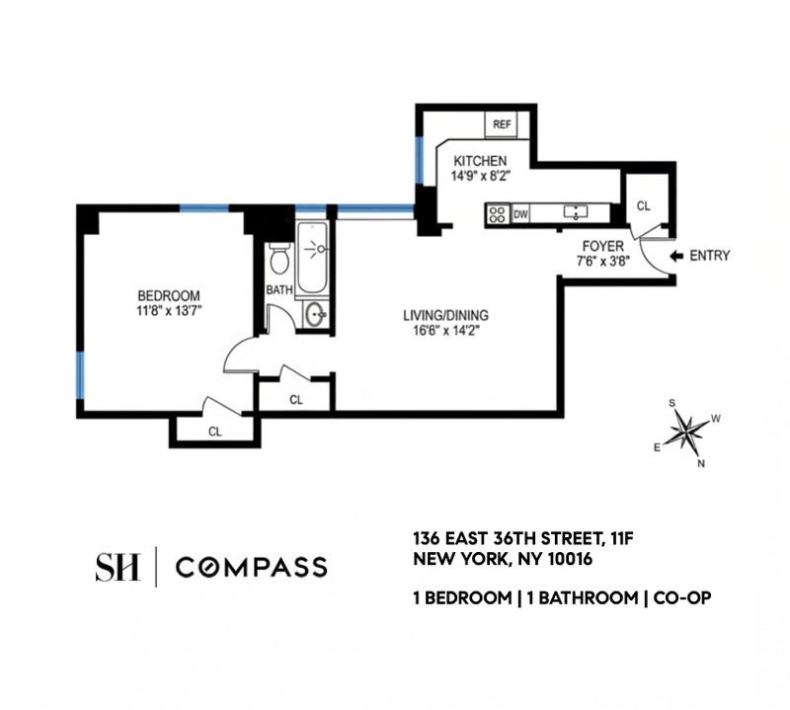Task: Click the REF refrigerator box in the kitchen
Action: [x=502, y=124]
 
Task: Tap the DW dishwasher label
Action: [x=520, y=214]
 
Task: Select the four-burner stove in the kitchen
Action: [x=498, y=214]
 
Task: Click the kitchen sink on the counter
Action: [x=576, y=212]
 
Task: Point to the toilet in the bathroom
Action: [x=279, y=259]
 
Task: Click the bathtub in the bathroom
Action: [x=312, y=258]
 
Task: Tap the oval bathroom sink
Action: [x=316, y=314]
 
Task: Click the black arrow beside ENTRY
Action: [x=675, y=256]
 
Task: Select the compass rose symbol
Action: [x=686, y=431]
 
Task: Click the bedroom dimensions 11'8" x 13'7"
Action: [x=169, y=310]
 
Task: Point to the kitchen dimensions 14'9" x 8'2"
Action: [x=481, y=176]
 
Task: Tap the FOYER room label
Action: [x=603, y=247]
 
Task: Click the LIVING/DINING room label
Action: [x=445, y=315]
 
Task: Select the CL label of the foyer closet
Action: [x=644, y=206]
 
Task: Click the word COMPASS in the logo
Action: [x=252, y=568]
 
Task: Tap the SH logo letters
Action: [x=118, y=567]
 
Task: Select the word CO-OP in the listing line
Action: [x=682, y=598]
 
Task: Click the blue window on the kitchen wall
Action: [x=419, y=159]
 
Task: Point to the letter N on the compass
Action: [x=701, y=463]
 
